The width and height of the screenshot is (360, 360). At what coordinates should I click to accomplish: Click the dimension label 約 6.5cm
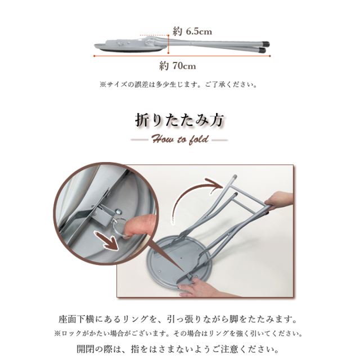click(193, 31)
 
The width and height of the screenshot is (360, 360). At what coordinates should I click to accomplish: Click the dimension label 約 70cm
click(177, 65)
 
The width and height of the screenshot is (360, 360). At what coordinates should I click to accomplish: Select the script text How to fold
click(179, 139)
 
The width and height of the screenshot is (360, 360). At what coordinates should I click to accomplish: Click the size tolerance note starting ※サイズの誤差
click(179, 85)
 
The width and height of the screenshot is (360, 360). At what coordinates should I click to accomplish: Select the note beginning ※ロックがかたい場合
click(179, 333)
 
